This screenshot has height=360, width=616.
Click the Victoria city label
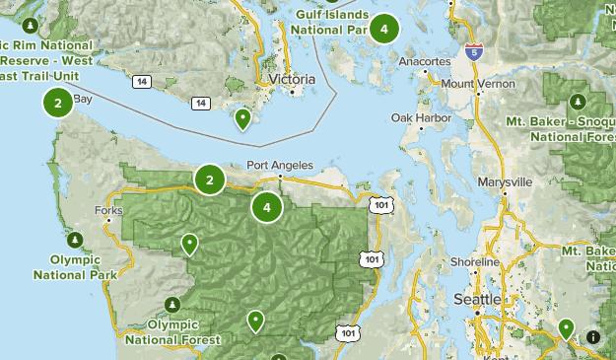pyautogui.click(x=292, y=78)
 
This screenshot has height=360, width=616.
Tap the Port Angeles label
pyautogui.click(x=280, y=165)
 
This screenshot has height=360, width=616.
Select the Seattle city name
pyautogui.click(x=477, y=299)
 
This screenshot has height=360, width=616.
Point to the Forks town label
pyautogui.click(x=107, y=210)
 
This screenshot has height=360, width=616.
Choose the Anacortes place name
pyautogui.click(x=424, y=60)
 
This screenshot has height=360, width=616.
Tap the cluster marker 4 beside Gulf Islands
pyautogui.click(x=384, y=29)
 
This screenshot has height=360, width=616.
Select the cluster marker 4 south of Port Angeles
pyautogui.click(x=266, y=207)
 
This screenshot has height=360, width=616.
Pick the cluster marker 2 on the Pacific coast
pyautogui.click(x=58, y=102)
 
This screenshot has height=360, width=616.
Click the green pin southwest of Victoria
pyautogui.click(x=242, y=119)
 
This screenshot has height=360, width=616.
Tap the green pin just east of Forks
pyautogui.click(x=189, y=244)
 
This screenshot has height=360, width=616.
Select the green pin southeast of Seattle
pyautogui.click(x=566, y=327)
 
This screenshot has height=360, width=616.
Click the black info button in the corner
pyautogui.click(x=592, y=337)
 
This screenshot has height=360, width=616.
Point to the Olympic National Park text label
pyautogui.click(x=75, y=266)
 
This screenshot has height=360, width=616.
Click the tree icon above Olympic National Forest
pyautogui.click(x=173, y=303)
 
